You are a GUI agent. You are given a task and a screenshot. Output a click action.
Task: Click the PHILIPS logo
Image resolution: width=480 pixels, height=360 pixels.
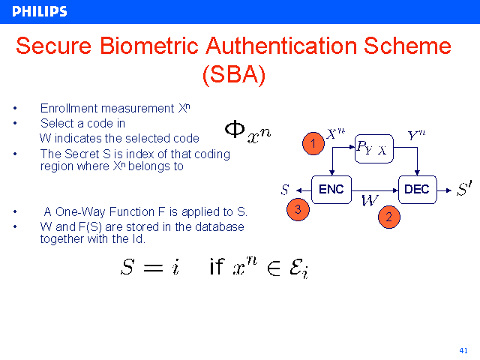(x=40, y=11)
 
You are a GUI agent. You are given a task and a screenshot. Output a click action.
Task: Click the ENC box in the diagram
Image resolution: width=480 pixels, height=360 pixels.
(x=331, y=189)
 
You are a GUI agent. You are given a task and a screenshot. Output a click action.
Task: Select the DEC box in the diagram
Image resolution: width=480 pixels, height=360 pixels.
(x=416, y=189)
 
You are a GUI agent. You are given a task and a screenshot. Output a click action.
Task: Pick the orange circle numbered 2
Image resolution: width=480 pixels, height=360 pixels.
(x=388, y=217)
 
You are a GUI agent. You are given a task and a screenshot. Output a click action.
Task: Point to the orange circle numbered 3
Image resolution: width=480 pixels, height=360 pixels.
(x=298, y=210)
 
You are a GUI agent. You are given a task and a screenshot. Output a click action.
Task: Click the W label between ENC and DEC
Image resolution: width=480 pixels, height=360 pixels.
(x=369, y=200)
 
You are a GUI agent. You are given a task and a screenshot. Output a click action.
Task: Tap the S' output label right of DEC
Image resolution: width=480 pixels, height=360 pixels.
(x=464, y=189)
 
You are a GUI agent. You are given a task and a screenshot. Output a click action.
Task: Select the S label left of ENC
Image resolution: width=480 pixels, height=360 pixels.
(x=284, y=189)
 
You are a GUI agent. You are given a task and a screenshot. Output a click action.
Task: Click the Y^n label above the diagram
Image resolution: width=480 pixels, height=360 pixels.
(x=416, y=136)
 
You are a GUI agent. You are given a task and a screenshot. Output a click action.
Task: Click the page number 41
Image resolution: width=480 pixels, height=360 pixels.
(x=463, y=350)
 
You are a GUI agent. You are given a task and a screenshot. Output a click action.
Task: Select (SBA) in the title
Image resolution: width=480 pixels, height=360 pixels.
(x=233, y=74)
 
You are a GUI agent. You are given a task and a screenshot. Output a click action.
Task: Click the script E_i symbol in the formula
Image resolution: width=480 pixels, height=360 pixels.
(x=298, y=268)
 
